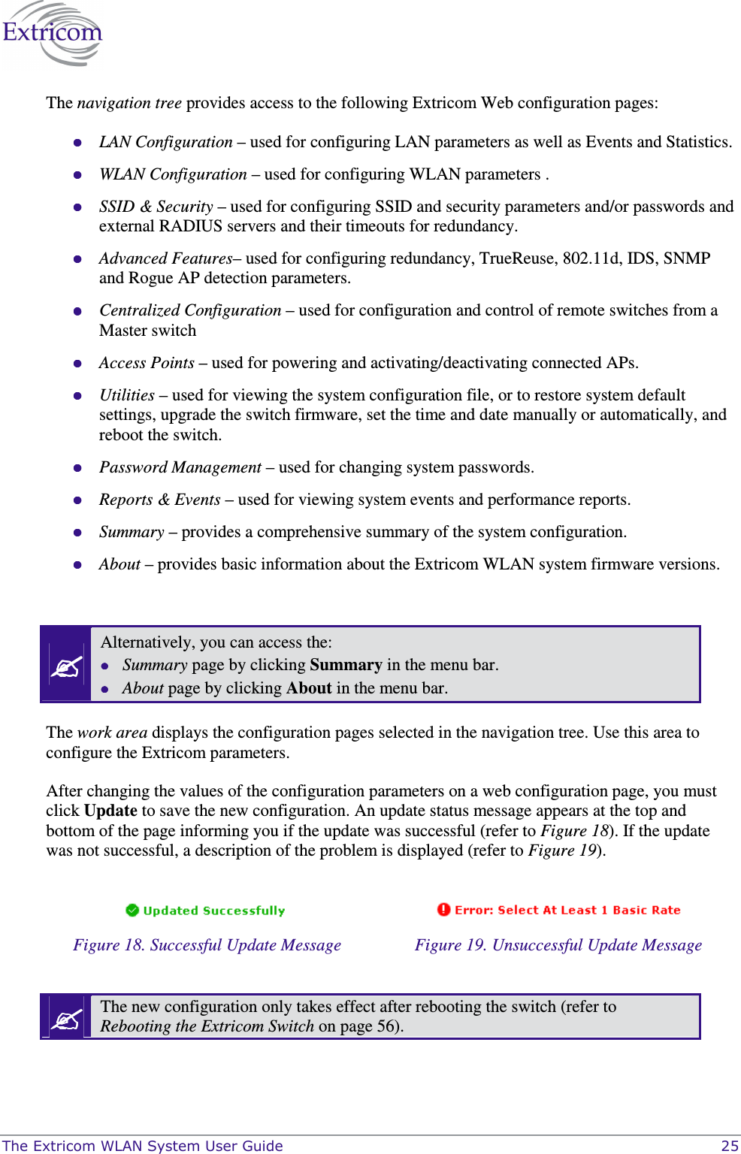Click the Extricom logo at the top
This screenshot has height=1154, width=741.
(53, 34)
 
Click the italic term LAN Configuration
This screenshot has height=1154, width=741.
(165, 142)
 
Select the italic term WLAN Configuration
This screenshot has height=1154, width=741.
(173, 174)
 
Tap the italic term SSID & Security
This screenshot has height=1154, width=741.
(156, 207)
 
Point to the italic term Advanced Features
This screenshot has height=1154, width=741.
(165, 258)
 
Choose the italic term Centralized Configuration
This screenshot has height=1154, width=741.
(190, 310)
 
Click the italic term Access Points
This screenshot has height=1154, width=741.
(147, 363)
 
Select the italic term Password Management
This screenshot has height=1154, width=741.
(180, 467)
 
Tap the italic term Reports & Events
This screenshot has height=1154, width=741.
(159, 500)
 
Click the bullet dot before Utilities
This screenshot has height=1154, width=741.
(77, 395)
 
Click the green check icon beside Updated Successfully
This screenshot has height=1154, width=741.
(132, 911)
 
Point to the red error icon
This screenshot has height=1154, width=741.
(443, 910)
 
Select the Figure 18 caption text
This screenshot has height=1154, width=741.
(207, 945)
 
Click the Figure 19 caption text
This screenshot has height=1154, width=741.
(558, 945)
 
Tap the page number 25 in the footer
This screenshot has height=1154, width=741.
(729, 1146)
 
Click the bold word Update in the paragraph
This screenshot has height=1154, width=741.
(110, 811)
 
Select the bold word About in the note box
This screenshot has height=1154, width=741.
(309, 688)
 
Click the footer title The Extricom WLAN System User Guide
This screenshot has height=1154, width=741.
(143, 1146)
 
